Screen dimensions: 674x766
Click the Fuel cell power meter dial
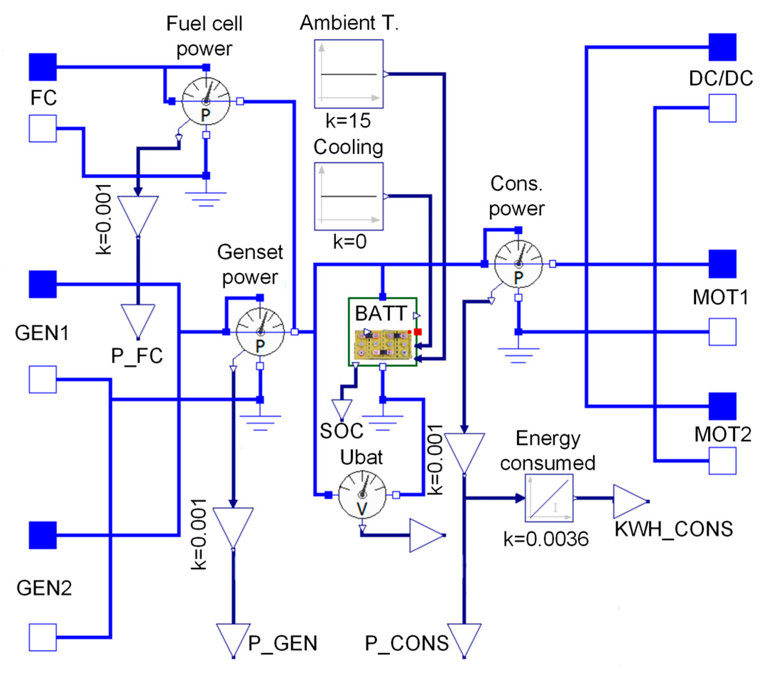[x=206, y=102]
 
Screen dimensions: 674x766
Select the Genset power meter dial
[x=260, y=332]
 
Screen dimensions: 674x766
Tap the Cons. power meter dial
[x=518, y=264]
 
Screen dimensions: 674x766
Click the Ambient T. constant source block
[x=348, y=74]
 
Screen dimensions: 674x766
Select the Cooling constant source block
[x=348, y=196]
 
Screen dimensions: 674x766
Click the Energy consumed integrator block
[x=549, y=498]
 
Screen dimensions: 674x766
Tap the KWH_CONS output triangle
[x=630, y=501]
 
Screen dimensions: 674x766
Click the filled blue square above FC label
[x=43, y=67]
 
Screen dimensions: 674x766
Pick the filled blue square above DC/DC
[x=722, y=47]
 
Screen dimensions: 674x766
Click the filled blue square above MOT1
[x=722, y=264]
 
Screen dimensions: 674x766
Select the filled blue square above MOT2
[x=722, y=406]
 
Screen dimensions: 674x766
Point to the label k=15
[x=348, y=121]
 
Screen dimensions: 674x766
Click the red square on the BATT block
[x=418, y=332]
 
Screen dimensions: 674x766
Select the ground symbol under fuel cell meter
[x=206, y=198]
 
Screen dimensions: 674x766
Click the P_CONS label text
[x=407, y=643]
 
